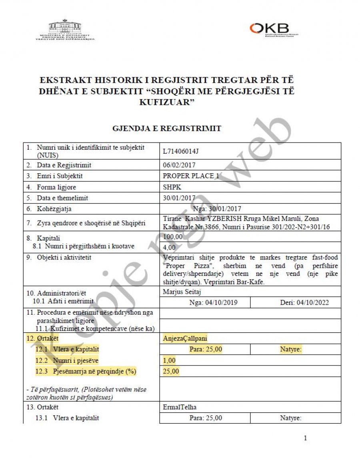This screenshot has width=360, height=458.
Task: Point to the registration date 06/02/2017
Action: pyautogui.click(x=179, y=165)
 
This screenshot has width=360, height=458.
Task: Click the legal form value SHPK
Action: pyautogui.click(x=172, y=187)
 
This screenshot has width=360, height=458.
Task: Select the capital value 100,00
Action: pyautogui.click(x=172, y=237)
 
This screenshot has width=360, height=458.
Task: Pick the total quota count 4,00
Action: pyautogui.click(x=169, y=247)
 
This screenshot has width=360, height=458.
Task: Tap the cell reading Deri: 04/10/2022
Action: pyautogui.click(x=304, y=302)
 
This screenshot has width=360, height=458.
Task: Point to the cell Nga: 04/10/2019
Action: pyautogui.click(x=213, y=302)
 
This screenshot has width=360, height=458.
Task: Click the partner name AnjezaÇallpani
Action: pyautogui.click(x=185, y=339)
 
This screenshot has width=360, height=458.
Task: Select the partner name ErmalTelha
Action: pyautogui.click(x=180, y=407)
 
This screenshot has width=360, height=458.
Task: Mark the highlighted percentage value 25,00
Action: pyautogui.click(x=171, y=371)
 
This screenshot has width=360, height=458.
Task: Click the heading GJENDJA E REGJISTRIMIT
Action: pyautogui.click(x=167, y=129)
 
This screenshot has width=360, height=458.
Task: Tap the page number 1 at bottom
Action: pyautogui.click(x=305, y=438)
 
